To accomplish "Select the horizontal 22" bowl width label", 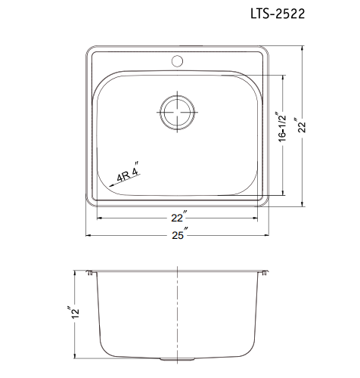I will tap(178, 218).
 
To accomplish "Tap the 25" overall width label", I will tap(178, 235).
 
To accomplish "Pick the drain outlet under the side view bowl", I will tap(178, 358).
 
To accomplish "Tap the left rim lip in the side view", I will tap(91, 272).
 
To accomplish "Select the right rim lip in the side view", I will tap(265, 272).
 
